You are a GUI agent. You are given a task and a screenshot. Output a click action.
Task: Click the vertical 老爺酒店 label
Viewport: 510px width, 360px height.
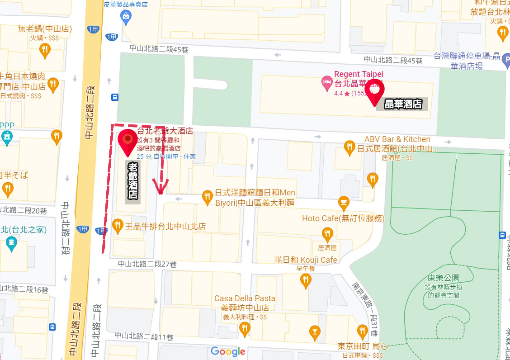133,181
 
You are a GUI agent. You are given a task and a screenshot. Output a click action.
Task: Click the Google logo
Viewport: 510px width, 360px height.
228,351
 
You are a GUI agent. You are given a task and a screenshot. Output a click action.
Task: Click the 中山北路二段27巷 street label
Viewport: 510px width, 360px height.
147,264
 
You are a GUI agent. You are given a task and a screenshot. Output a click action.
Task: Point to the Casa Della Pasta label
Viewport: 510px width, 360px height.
245,298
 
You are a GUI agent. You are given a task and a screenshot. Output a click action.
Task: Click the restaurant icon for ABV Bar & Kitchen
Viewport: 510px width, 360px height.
349,147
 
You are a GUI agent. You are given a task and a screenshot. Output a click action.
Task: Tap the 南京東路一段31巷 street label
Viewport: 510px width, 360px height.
365,308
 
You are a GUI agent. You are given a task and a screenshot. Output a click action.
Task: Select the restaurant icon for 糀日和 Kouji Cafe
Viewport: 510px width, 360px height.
306,280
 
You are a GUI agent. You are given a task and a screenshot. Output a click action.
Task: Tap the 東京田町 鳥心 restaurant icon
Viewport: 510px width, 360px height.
362,332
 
